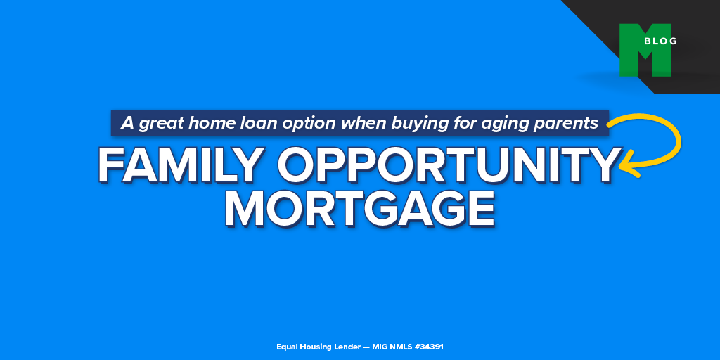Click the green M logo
point(645,50)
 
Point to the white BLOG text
point(660,41)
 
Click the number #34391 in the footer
point(429,347)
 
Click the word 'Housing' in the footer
point(316,347)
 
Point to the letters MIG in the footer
point(380,347)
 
